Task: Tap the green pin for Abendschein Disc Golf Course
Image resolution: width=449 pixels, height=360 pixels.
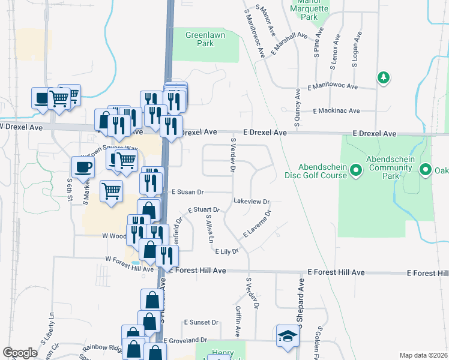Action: [x=355, y=172]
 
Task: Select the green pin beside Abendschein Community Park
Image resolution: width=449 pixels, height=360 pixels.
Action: [x=426, y=170]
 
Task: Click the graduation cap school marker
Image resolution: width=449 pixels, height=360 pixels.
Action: [x=287, y=336]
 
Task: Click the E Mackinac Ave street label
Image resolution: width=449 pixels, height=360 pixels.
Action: [x=336, y=111]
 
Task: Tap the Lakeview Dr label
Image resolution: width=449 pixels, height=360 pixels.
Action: [x=252, y=202]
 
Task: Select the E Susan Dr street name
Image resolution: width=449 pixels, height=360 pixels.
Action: [x=188, y=192]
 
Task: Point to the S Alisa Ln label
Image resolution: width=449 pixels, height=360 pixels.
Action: [x=209, y=229]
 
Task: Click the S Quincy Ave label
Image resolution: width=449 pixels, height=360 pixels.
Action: [x=297, y=107]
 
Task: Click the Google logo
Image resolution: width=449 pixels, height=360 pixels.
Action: [x=20, y=353]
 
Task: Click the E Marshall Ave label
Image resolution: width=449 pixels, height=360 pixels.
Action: [x=289, y=43]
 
